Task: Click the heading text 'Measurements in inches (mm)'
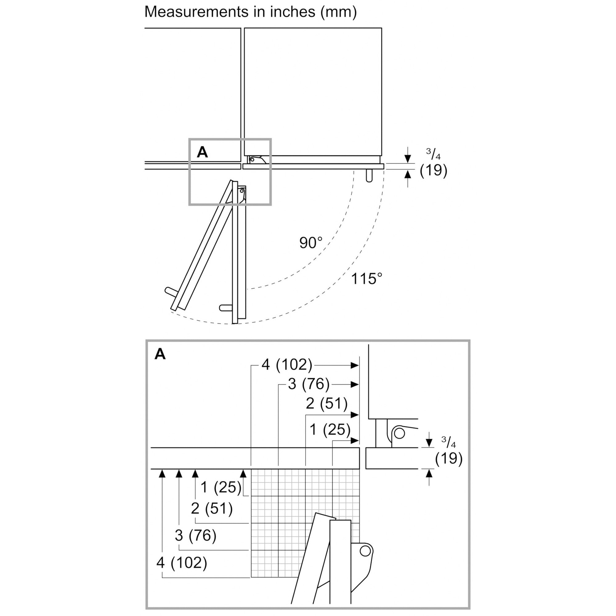click(251, 12)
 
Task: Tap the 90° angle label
click(310, 243)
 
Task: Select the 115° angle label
click(366, 279)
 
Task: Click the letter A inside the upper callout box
click(202, 152)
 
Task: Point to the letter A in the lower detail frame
click(160, 354)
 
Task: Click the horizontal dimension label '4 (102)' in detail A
click(287, 364)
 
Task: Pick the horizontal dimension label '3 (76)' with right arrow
click(308, 384)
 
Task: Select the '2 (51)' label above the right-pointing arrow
click(326, 404)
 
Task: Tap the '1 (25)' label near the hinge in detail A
click(330, 429)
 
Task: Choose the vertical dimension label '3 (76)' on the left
click(196, 535)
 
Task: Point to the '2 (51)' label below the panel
click(212, 508)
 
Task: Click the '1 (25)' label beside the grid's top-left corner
click(221, 487)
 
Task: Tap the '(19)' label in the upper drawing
click(433, 170)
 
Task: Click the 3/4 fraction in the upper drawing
click(433, 154)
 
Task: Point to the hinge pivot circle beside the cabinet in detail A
click(399, 433)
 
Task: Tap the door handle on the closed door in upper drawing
click(369, 176)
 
